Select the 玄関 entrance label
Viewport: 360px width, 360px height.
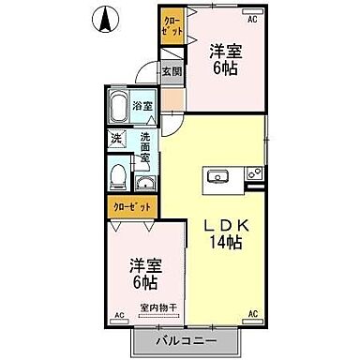point(171,71)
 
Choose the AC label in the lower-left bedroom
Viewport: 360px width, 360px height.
point(119,315)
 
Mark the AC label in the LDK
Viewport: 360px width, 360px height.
point(252,315)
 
